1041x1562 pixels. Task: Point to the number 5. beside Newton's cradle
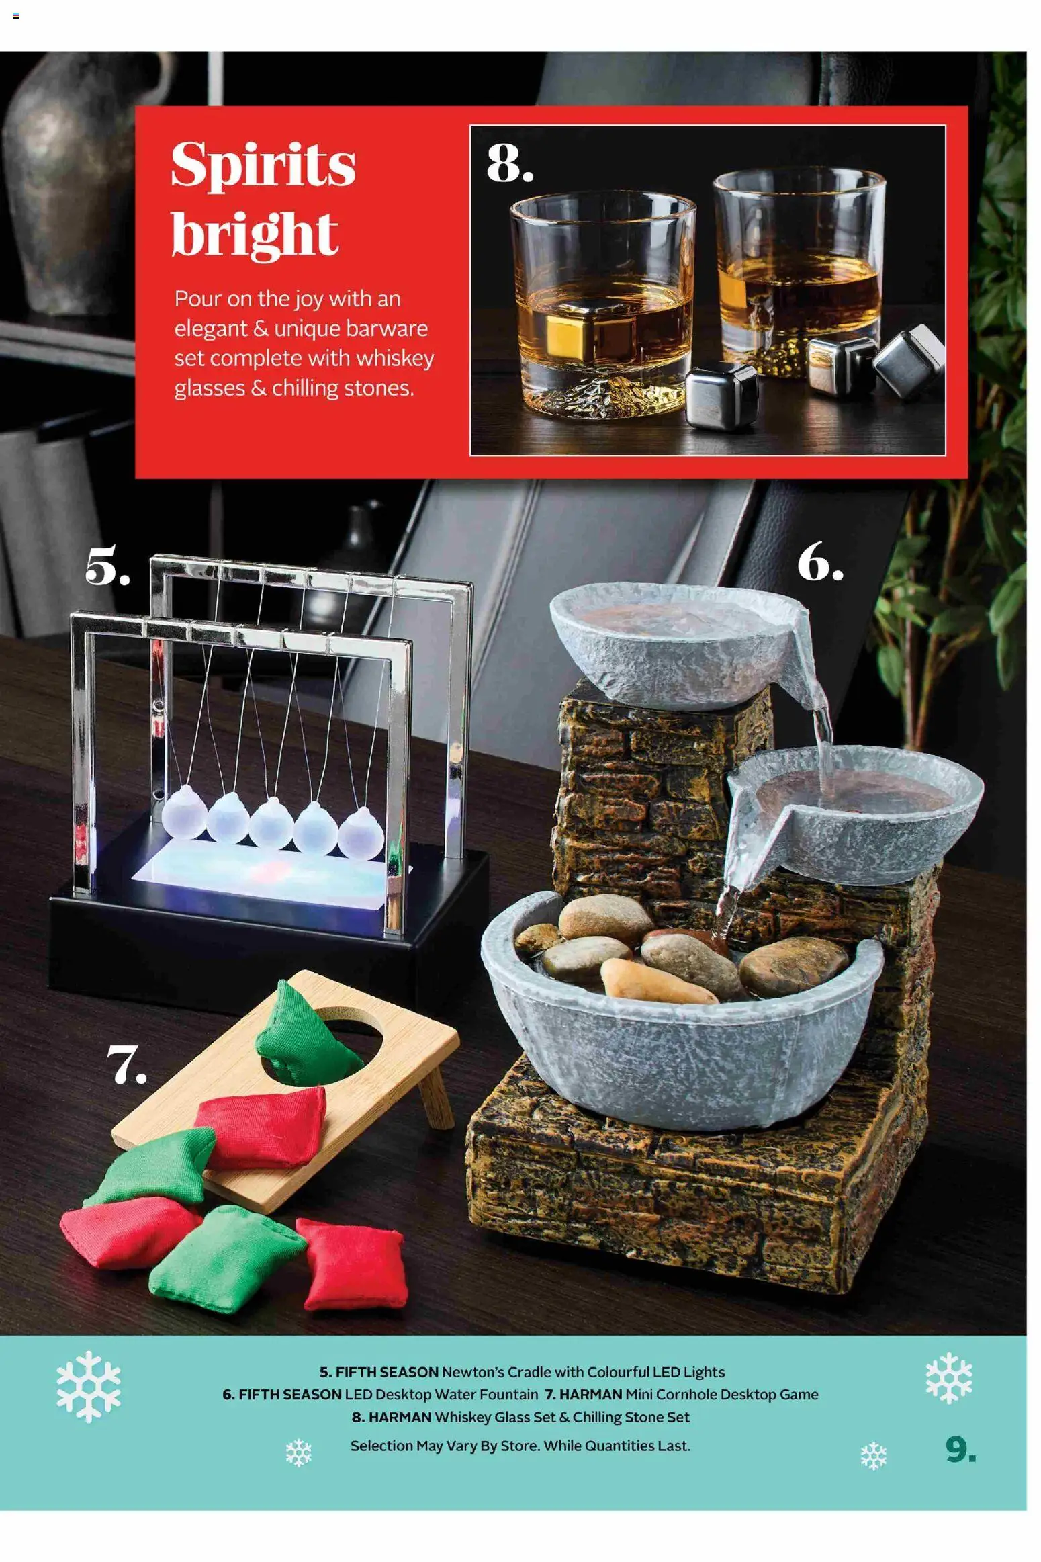pos(107,566)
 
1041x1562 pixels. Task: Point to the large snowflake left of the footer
pos(89,1387)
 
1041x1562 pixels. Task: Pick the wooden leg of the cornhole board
pos(436,1095)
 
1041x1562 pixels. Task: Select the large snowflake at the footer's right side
pos(948,1377)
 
